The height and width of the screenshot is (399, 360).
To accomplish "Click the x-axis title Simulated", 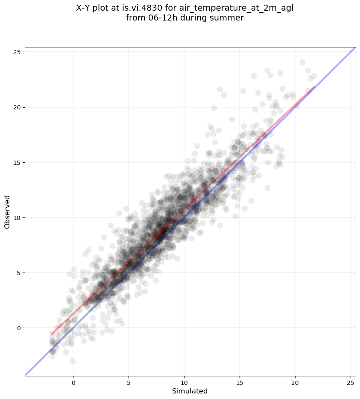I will (190, 391).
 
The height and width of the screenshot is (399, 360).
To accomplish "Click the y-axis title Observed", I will (7, 211).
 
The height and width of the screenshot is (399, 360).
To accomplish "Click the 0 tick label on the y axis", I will (18, 328).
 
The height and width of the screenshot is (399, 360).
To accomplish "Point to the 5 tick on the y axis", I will (18, 273).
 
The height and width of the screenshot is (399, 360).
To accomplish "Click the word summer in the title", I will (230, 18).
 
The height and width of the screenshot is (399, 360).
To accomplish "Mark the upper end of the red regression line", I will (314, 88).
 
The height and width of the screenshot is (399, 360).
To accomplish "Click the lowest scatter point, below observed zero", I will (73, 361).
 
